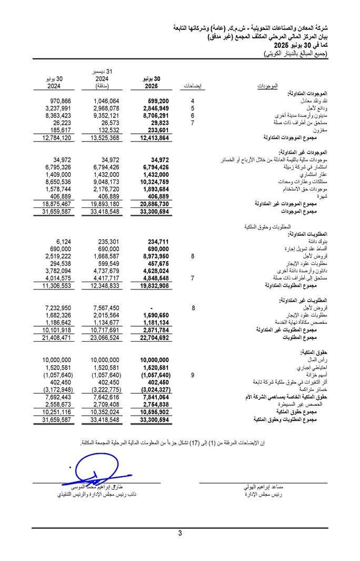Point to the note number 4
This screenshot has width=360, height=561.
[193, 101]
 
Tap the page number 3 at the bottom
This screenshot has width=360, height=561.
[180, 533]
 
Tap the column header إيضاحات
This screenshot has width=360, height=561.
[194, 86]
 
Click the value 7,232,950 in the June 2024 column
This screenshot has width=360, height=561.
[57, 308]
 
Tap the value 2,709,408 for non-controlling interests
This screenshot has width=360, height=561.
[105, 404]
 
